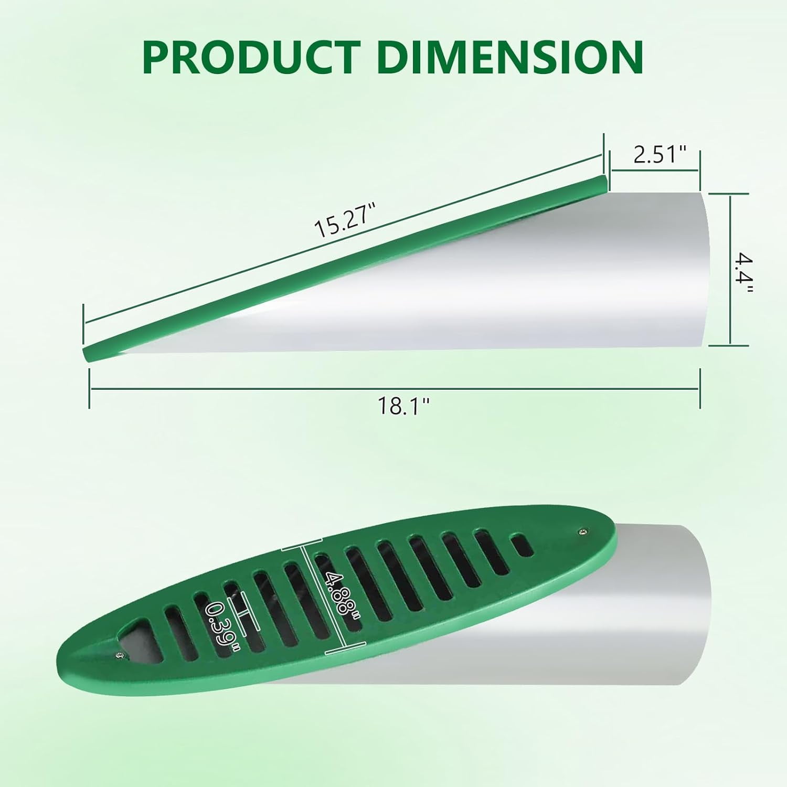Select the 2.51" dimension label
(660, 155)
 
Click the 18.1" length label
(403, 406)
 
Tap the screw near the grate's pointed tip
(121, 654)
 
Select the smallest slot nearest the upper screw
(522, 546)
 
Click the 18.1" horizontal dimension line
(393, 389)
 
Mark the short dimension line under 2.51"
(654, 171)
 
